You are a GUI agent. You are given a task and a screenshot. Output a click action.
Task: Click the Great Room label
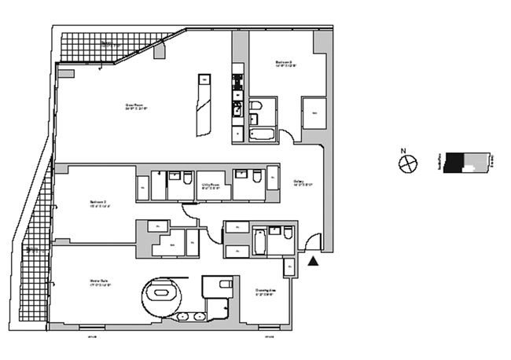[x=137, y=106]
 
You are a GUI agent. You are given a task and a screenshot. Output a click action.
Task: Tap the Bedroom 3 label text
[x=284, y=63]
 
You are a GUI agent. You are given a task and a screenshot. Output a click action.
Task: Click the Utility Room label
[x=210, y=187]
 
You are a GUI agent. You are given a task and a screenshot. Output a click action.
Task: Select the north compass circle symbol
[x=408, y=163]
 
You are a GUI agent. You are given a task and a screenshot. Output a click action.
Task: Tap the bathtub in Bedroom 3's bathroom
[x=262, y=134]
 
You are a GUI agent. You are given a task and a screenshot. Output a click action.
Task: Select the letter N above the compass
[x=403, y=151]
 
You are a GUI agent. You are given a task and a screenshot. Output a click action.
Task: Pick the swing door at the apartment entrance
[x=312, y=244]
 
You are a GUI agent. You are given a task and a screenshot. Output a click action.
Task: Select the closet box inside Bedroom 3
[x=313, y=112]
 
